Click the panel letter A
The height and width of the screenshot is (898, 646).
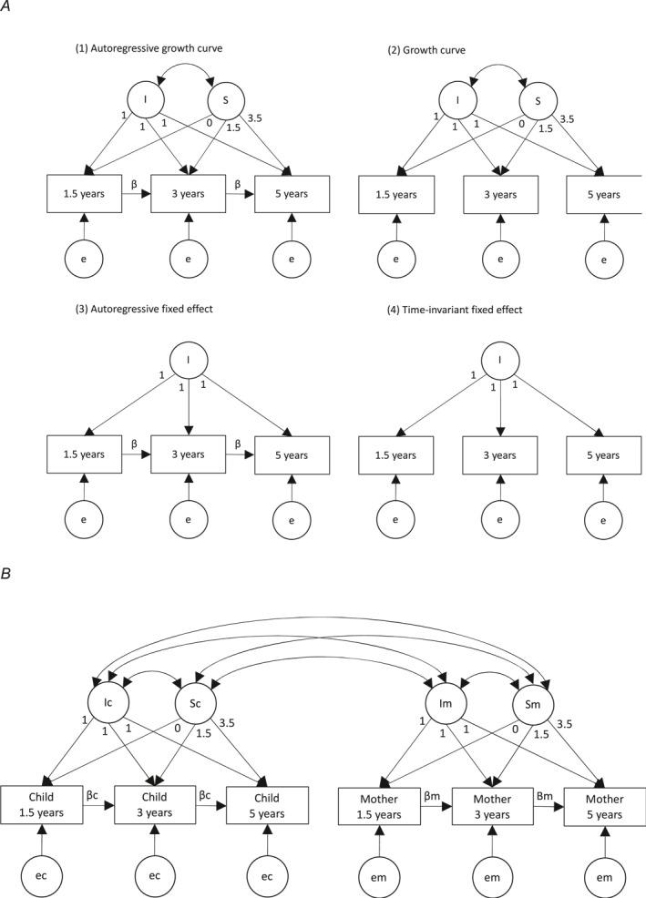[x=7, y=7]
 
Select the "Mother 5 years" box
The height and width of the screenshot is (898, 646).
[x=599, y=805]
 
